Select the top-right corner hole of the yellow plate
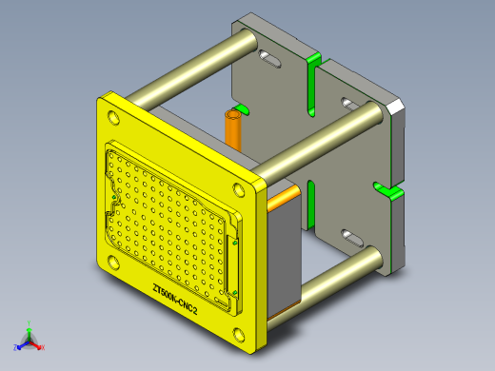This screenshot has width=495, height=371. [239, 186]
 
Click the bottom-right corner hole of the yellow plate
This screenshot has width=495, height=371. [237, 332]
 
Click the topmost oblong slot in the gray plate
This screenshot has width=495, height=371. [270, 63]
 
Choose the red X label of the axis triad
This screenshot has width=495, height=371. [43, 347]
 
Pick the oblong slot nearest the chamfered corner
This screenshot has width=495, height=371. [348, 102]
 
